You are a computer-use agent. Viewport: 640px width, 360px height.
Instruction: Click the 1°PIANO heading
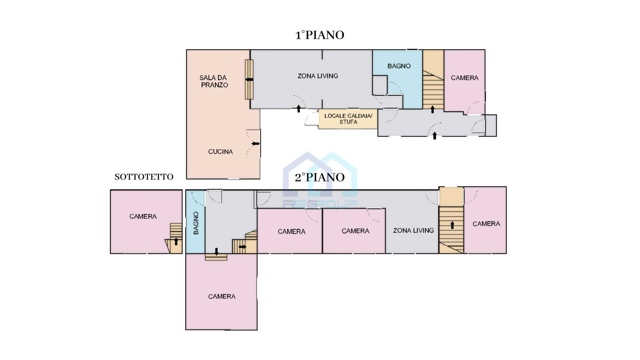coord(320,35)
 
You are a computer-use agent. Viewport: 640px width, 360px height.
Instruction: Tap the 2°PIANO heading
coord(320,177)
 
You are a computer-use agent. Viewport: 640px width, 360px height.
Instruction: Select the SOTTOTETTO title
coord(144,177)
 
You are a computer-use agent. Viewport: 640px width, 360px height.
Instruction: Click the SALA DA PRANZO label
coord(214,81)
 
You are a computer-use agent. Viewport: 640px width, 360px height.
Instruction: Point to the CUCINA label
coord(220,152)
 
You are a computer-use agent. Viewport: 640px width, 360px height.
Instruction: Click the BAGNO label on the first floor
coord(399,66)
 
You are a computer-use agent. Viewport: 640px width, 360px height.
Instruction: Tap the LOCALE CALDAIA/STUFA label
coord(348,119)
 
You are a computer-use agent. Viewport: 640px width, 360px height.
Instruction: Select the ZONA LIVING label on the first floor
coord(318,76)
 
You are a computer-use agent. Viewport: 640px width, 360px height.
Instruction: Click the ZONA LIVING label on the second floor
coord(413,230)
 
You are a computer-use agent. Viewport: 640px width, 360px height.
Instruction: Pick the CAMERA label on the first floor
coord(465,78)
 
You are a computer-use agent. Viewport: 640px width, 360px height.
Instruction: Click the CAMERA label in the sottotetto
coord(143,216)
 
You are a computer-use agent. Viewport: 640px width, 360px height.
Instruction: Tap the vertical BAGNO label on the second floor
coord(196,223)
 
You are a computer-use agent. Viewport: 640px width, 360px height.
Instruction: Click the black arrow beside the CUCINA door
coord(255,144)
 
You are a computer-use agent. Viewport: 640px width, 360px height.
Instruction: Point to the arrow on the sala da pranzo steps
coord(249,79)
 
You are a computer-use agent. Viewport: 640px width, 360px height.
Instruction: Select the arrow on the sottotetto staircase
coord(176,241)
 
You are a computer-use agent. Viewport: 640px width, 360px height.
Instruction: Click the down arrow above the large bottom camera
coord(216,252)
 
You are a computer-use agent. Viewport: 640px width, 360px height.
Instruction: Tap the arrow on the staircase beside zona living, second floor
coord(452,225)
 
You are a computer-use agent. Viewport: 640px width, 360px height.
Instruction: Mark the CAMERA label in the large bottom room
coord(222,296)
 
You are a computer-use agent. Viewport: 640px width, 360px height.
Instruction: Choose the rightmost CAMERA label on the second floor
coord(486,224)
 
